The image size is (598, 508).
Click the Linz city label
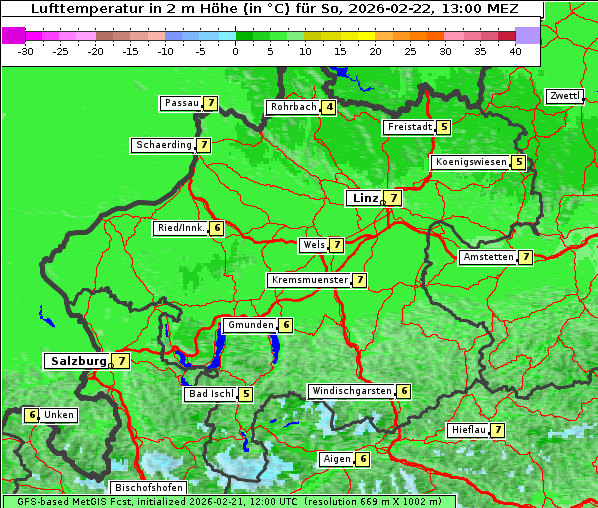[364, 198]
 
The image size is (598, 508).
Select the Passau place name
[181, 103]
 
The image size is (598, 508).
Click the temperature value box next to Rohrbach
[329, 107]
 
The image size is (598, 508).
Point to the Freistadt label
[409, 127]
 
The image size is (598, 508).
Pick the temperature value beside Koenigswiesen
[518, 162]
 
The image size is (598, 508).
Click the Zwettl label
[564, 96]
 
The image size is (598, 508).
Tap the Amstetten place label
[488, 257]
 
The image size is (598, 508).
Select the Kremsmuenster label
[309, 280]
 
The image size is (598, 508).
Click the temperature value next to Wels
[337, 245]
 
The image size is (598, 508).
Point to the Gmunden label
[249, 325]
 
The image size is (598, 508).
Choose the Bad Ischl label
[210, 394]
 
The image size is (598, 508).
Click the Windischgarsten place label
[351, 391]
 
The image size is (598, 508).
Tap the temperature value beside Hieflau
[497, 430]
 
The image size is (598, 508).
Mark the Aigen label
[336, 459]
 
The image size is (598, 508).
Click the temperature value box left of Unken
[31, 415]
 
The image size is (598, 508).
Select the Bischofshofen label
[146, 488]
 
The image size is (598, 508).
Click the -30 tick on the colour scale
[25, 51]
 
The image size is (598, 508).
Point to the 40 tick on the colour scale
[515, 51]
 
